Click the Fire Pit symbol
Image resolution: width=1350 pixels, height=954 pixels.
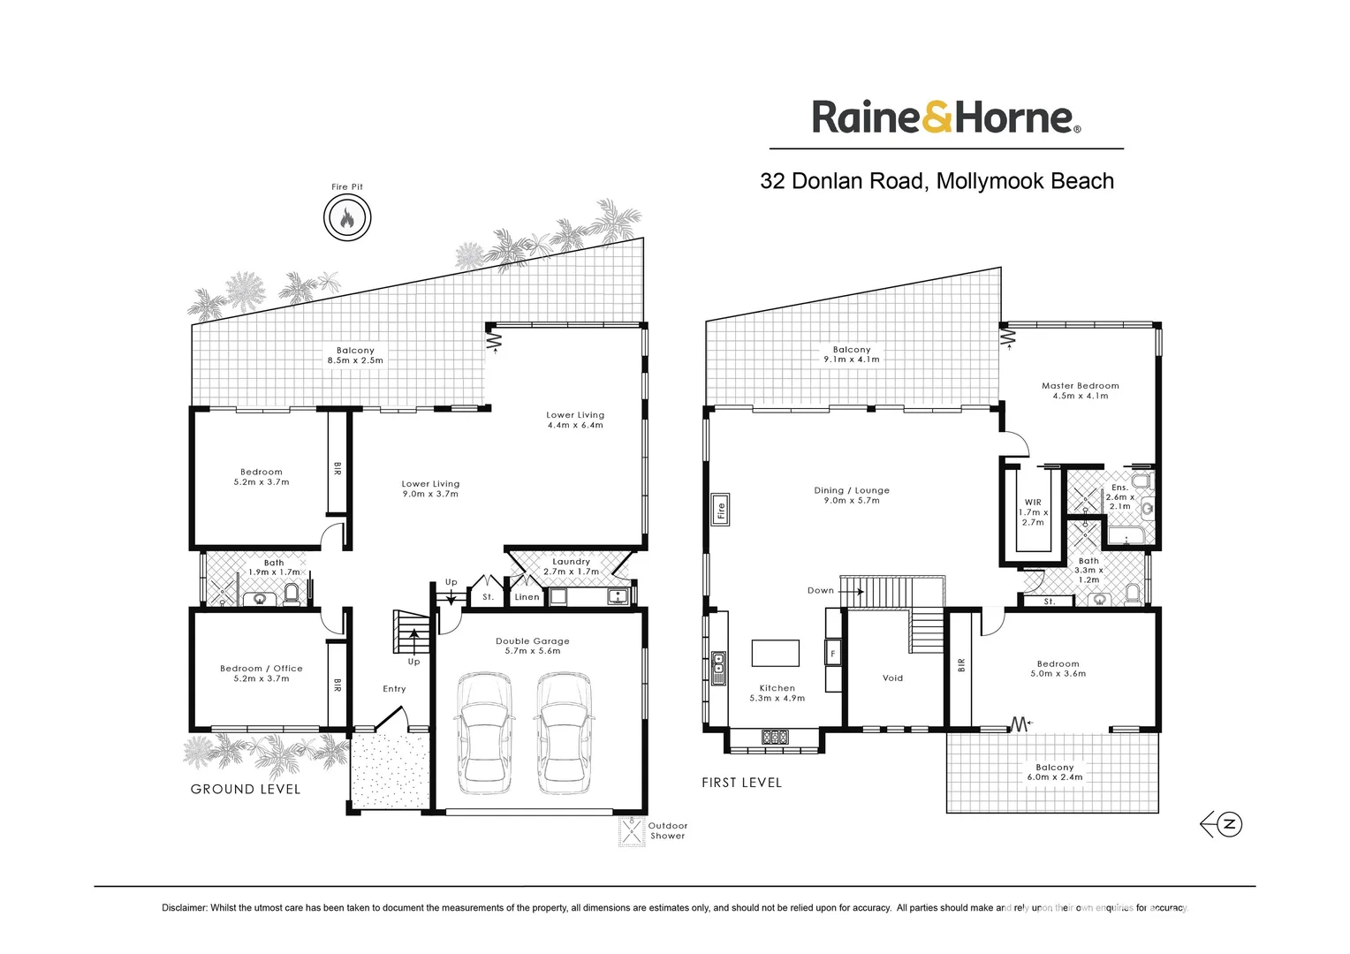pos(347,217)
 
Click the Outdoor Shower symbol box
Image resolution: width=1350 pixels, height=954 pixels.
pos(632,832)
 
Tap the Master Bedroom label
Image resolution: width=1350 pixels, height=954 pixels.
pos(1080,386)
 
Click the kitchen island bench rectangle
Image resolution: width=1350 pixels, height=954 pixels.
pos(776,653)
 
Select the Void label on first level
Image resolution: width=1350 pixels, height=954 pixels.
pos(892,678)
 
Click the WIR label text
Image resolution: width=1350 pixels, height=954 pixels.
pos(1033,503)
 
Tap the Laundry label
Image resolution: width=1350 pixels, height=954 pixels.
pos(571,562)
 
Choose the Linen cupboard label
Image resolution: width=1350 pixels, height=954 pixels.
pos(527,597)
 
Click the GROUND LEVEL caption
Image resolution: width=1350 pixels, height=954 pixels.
pos(246,790)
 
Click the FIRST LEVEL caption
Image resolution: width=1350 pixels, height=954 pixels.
pos(741,783)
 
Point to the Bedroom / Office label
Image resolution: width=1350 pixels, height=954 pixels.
pos(262,669)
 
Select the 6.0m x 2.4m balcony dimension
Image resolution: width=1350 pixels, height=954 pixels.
pos(1055,777)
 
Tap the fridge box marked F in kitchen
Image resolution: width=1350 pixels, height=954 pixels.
pos(832,655)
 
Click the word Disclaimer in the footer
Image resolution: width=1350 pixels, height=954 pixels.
pos(184,908)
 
